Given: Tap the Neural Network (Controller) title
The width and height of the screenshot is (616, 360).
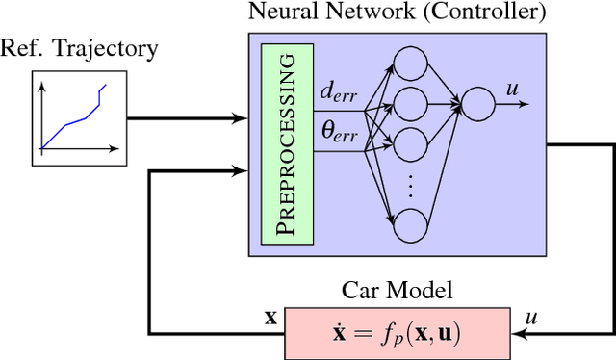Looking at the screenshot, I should tap(396, 13).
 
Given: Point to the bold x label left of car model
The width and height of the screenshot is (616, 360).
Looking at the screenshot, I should tap(271, 316).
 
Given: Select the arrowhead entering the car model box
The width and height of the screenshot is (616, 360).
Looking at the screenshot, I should tap(520, 333).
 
